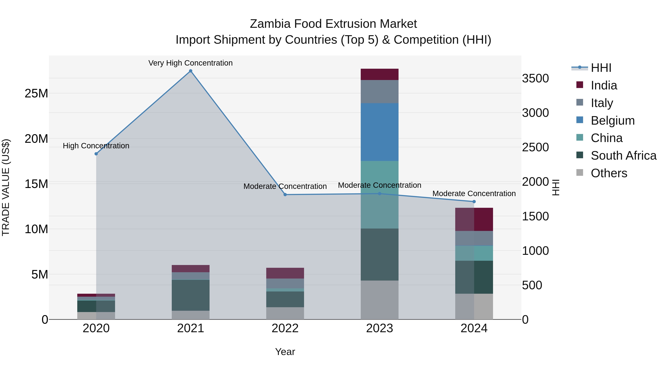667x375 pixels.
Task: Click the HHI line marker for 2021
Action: point(191,71)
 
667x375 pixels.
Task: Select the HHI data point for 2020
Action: point(96,154)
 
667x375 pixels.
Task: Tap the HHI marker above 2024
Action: point(474,202)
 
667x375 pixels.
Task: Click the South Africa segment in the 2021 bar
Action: point(191,295)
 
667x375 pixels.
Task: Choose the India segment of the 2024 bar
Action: point(474,219)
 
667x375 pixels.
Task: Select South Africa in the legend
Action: point(623,156)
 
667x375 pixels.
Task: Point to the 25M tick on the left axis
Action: point(36,94)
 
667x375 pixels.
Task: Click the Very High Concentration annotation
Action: point(191,63)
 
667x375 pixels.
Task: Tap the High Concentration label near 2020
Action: point(96,146)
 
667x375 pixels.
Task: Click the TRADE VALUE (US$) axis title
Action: point(6,187)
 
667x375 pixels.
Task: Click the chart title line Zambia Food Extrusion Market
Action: point(333,24)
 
